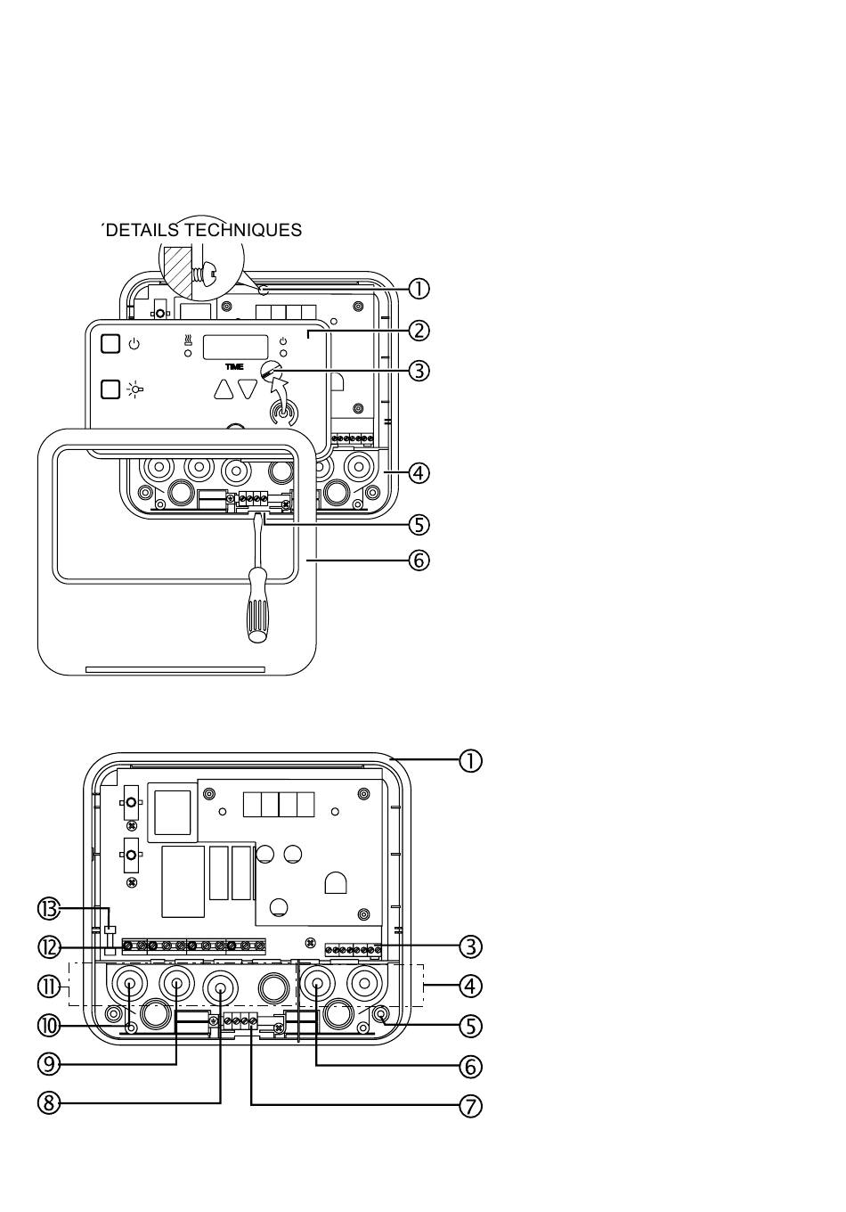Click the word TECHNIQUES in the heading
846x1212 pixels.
point(243,230)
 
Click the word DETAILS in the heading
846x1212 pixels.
point(142,230)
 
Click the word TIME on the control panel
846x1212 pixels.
point(234,367)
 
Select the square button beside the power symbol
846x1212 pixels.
point(110,344)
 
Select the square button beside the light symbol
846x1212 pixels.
point(110,389)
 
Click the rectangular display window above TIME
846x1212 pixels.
point(235,347)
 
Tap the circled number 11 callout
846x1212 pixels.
point(49,987)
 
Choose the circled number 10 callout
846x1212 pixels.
point(49,1026)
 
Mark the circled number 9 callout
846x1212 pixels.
point(49,1064)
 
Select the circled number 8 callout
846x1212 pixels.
point(49,1103)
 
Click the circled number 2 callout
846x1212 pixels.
point(419,331)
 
